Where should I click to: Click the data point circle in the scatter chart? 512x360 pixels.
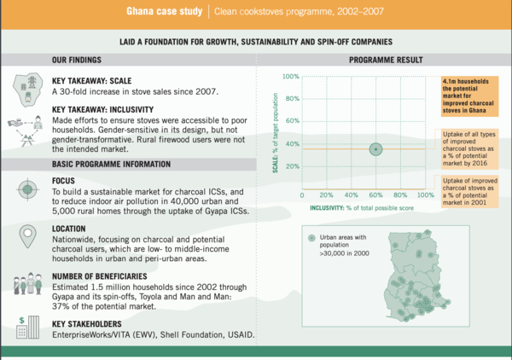point(375,149)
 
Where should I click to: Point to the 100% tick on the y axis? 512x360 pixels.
point(291,77)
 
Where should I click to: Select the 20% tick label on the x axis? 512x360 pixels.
point(325,195)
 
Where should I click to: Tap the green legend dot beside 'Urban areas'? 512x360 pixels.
point(311,236)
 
